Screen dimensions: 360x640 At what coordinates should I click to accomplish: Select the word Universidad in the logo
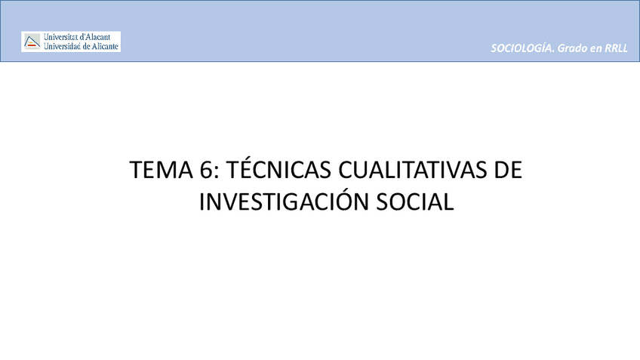coord(63,46)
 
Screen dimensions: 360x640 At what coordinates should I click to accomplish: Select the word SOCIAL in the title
coord(414,202)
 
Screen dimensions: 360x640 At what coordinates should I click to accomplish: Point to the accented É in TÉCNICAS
coord(245,170)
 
